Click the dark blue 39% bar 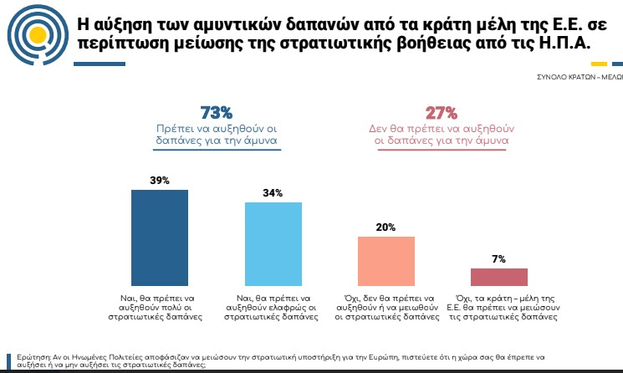(160, 238)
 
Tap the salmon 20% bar (386, 262)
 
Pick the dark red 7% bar (499, 278)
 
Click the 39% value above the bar (160, 180)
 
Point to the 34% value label (273, 193)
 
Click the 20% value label (386, 227)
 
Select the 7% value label (499, 259)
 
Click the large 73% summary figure (216, 113)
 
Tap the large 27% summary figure (441, 113)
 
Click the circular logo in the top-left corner (34, 34)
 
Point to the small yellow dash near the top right (599, 64)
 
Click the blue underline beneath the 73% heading (217, 151)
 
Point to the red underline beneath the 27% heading (441, 151)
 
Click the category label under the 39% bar (160, 307)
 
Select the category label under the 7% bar (499, 307)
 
